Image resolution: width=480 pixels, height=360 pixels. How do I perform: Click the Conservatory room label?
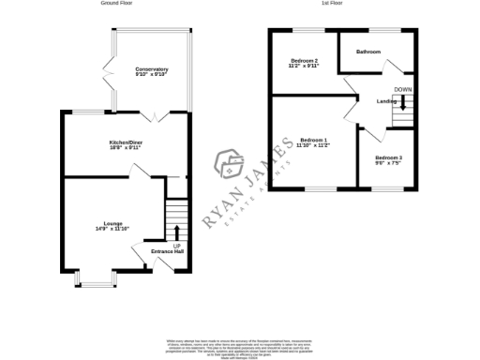151,69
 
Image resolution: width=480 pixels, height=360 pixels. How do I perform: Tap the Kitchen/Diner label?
127,142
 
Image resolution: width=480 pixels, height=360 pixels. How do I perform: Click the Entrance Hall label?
153,250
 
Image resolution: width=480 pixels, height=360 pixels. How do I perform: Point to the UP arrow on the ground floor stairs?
177,232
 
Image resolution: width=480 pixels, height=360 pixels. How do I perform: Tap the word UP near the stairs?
177,245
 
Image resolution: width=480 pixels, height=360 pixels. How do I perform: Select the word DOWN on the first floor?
402,89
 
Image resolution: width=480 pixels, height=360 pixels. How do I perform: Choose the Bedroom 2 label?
304,61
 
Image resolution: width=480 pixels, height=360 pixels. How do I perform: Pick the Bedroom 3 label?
388,157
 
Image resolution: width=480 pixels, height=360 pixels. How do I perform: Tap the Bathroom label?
368,52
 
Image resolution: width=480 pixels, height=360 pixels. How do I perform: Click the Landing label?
385,100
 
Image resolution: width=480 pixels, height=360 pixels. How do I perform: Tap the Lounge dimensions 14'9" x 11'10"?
112,229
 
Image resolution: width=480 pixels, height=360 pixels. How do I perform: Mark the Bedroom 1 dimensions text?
312,144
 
